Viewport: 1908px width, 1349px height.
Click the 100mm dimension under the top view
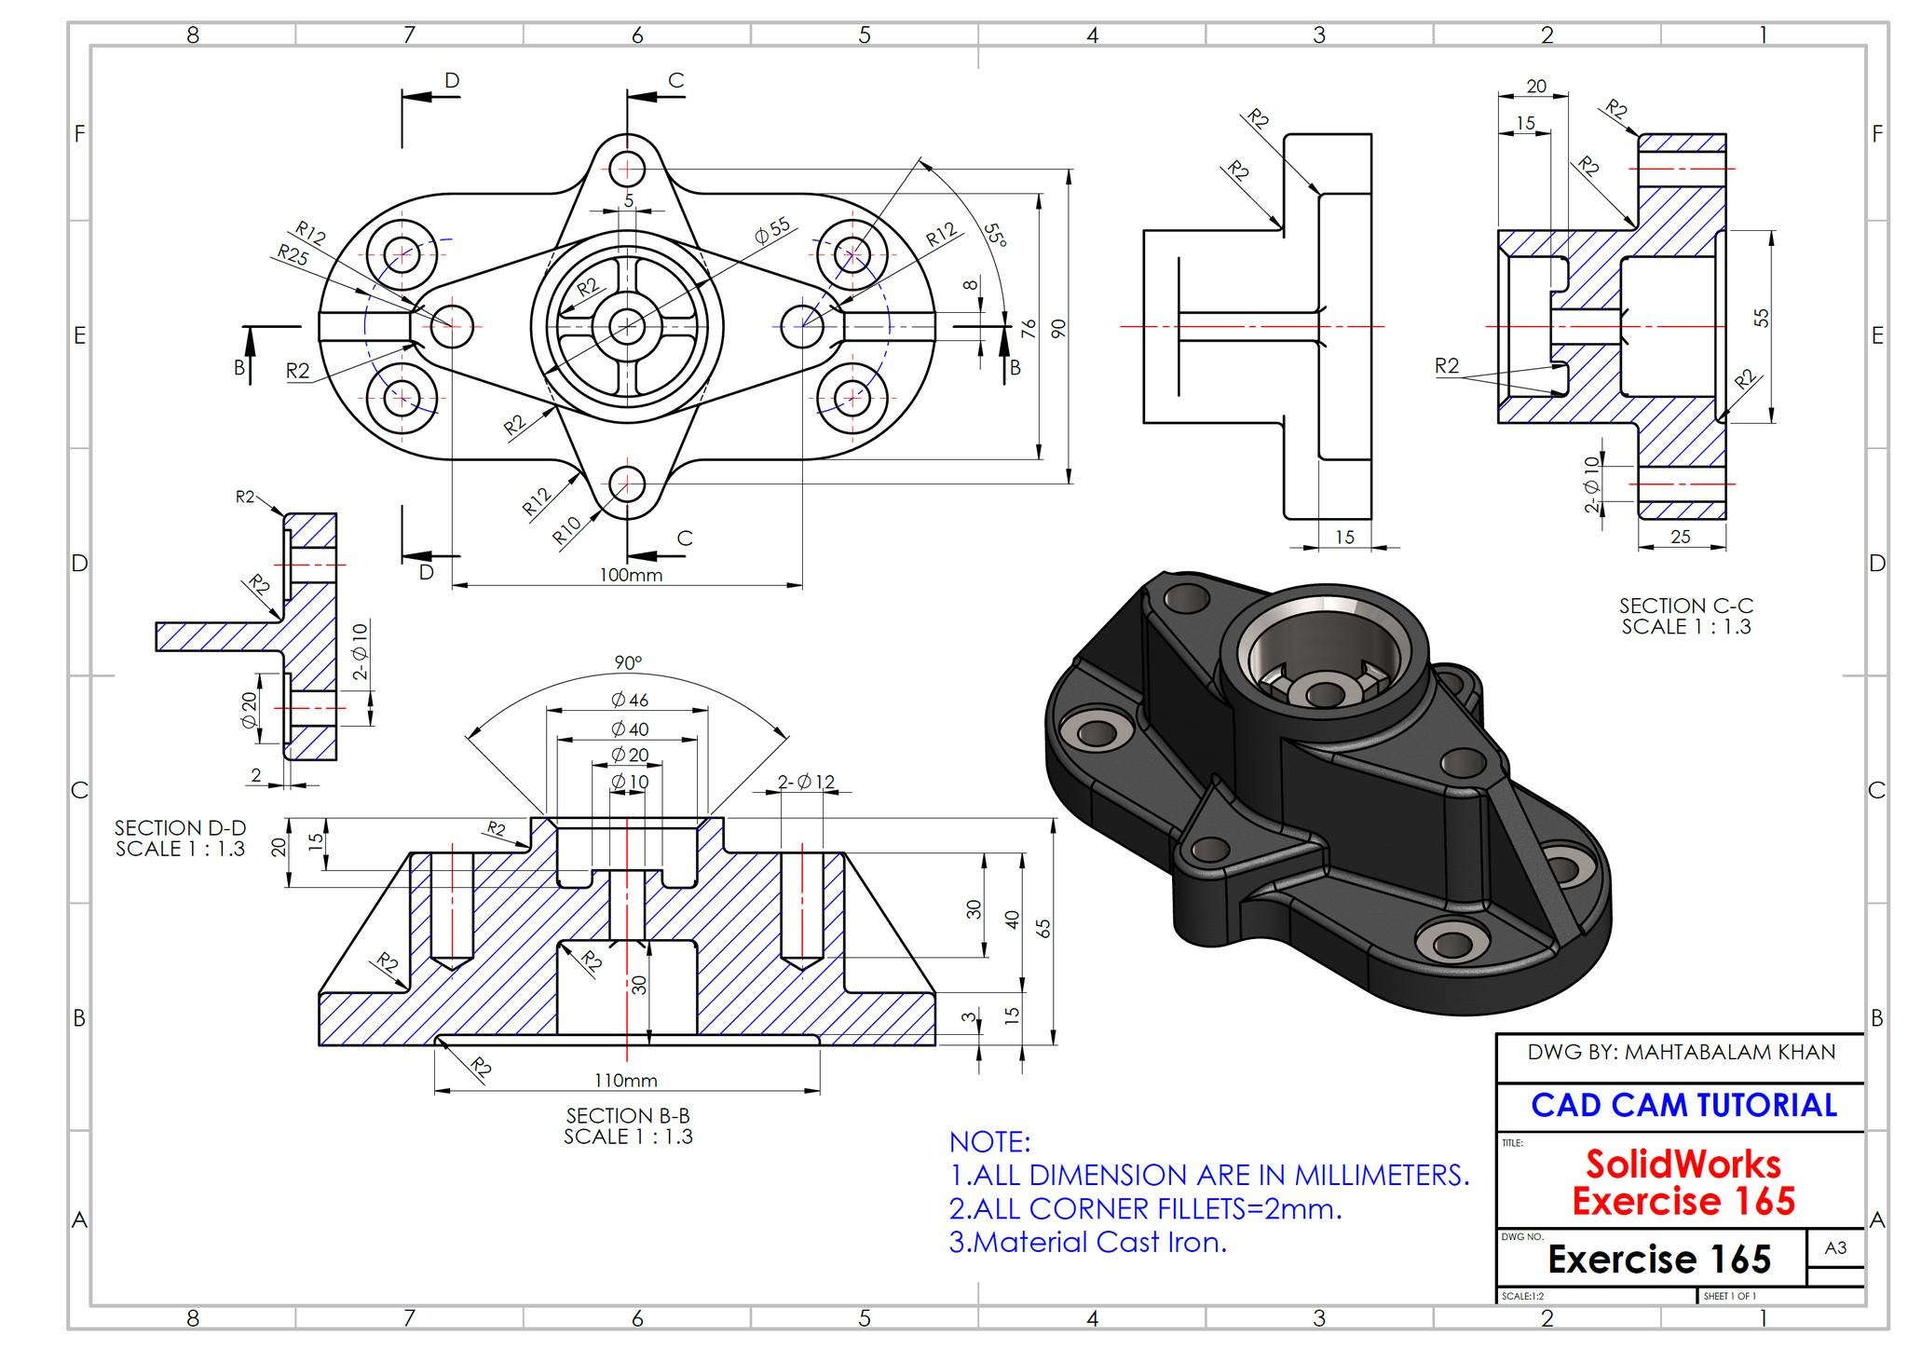pyautogui.click(x=631, y=575)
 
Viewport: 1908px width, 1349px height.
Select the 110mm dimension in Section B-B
pyautogui.click(x=626, y=1081)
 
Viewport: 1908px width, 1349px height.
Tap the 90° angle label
pyautogui.click(x=628, y=662)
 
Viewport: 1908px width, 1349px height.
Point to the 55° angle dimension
pyautogui.click(x=995, y=235)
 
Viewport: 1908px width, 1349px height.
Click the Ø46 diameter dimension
pyautogui.click(x=629, y=700)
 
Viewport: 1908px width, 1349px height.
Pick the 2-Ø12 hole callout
pyautogui.click(x=807, y=782)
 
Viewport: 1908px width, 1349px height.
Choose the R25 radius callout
pyautogui.click(x=293, y=254)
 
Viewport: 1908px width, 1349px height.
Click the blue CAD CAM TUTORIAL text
pyautogui.click(x=1683, y=1106)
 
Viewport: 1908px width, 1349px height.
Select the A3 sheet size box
pyautogui.click(x=1835, y=1248)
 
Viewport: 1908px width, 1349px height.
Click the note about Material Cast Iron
pyautogui.click(x=1087, y=1242)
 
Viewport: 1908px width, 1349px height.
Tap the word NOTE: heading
pyautogui.click(x=989, y=1142)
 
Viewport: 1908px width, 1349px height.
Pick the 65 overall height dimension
pyautogui.click(x=1044, y=929)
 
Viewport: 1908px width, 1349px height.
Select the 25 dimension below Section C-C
pyautogui.click(x=1681, y=537)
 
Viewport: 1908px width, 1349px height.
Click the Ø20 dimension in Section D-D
pyautogui.click(x=249, y=710)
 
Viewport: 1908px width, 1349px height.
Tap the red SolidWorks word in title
pyautogui.click(x=1683, y=1165)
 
